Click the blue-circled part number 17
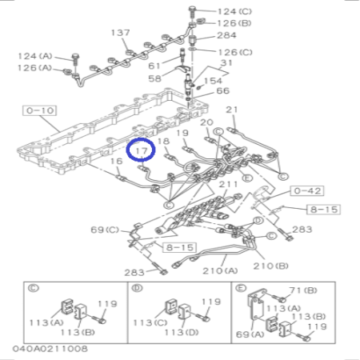tap(142, 148)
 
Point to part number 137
tap(120, 33)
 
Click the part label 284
tap(226, 35)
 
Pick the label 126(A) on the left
tap(35, 68)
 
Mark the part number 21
tap(232, 110)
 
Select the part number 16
tap(116, 162)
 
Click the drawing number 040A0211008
tap(50, 350)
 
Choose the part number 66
tap(222, 91)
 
